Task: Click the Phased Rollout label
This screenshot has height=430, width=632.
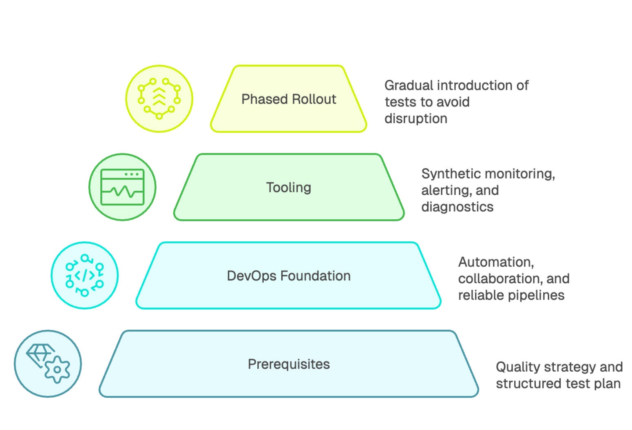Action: click(x=289, y=99)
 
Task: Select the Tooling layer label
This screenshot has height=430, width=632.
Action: click(x=289, y=187)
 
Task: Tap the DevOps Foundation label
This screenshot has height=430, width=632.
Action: click(x=289, y=276)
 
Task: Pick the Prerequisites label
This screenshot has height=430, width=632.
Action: click(x=289, y=364)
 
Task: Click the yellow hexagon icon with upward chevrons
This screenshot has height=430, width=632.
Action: click(x=159, y=99)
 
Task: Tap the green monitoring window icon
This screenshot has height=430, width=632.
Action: click(x=122, y=187)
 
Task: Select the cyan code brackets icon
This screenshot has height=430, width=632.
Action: click(x=85, y=276)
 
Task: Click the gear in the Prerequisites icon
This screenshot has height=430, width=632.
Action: click(x=57, y=370)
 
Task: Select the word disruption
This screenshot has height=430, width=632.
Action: click(x=416, y=119)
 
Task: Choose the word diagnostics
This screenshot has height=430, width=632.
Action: click(x=457, y=207)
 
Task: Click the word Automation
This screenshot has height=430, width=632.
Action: click(x=496, y=262)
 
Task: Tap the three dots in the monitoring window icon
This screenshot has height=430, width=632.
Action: click(x=131, y=174)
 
